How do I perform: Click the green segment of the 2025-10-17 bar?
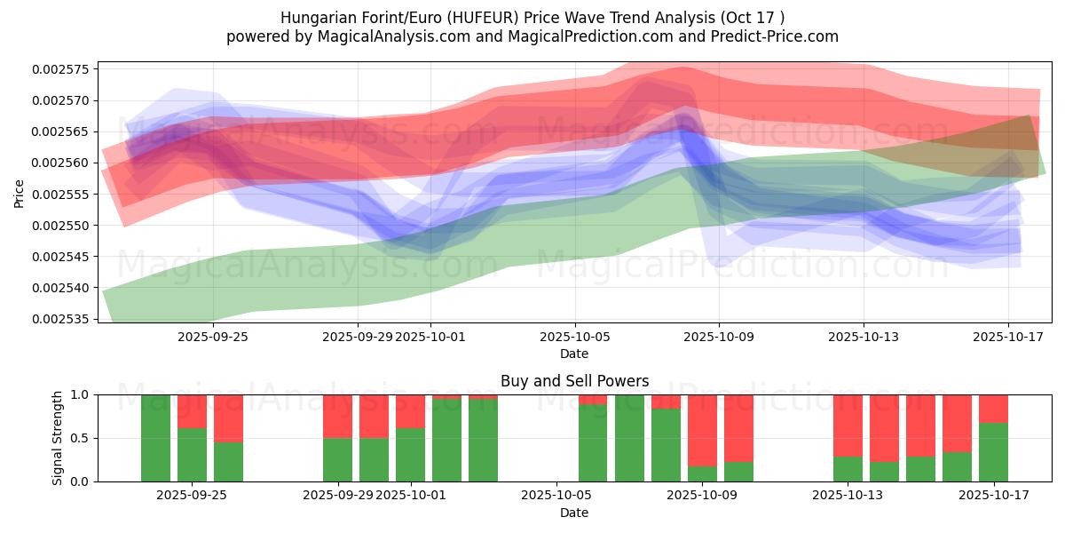click(x=993, y=452)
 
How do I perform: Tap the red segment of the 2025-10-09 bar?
click(x=702, y=431)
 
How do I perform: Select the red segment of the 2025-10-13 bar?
click(x=848, y=426)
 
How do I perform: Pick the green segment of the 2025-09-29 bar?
click(x=337, y=459)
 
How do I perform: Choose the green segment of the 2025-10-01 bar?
click(x=410, y=455)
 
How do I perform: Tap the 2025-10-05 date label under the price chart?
click(x=574, y=337)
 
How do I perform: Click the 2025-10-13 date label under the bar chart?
click(x=848, y=495)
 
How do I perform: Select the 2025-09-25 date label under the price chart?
click(x=212, y=337)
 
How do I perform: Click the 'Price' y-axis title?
click(x=20, y=193)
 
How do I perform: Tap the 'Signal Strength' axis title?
click(x=58, y=438)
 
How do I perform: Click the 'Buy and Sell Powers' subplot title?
click(x=574, y=381)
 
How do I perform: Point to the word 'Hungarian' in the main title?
click(x=313, y=18)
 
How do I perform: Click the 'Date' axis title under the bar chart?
click(x=574, y=513)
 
